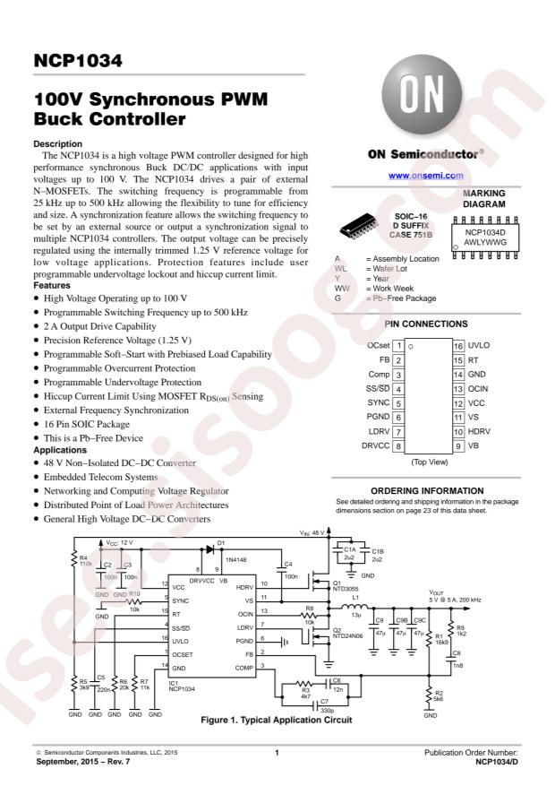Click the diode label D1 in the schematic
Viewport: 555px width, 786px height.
pyautogui.click(x=221, y=543)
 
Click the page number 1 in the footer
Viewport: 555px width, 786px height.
pyautogui.click(x=278, y=750)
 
